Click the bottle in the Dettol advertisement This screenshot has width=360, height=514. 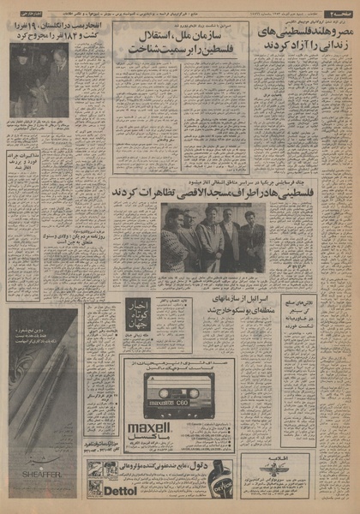(x=219, y=479)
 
